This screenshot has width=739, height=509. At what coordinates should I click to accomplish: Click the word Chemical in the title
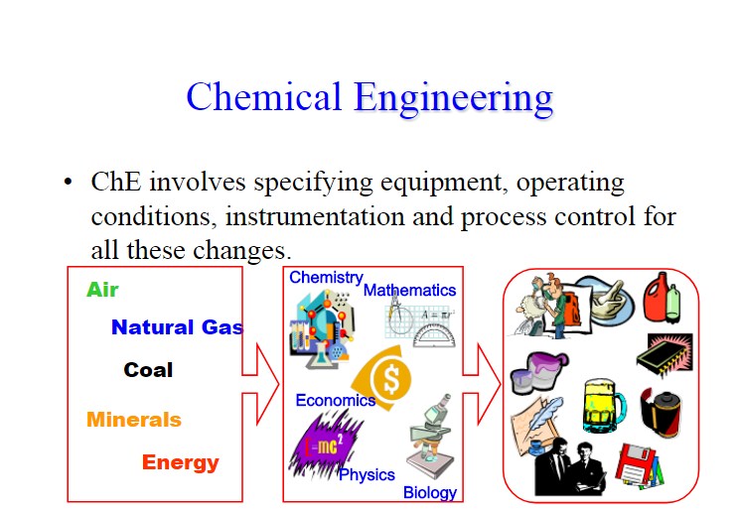pos(263,96)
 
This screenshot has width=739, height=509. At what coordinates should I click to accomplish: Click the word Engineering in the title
pos(453,99)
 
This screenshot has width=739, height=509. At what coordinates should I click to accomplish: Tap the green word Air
pos(102,290)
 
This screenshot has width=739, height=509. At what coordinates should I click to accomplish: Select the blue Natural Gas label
pos(177,327)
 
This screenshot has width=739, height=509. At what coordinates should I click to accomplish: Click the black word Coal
pos(148,370)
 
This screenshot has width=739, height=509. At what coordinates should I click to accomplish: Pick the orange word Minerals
pos(134,420)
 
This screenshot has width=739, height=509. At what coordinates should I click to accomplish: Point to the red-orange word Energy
pos(181,462)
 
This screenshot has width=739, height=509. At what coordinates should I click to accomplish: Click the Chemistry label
pos(326,278)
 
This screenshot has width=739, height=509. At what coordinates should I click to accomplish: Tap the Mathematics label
pos(409,290)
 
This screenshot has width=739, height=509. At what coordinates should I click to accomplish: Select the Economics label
pos(336,400)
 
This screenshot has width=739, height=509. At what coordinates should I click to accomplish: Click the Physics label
pos(367,474)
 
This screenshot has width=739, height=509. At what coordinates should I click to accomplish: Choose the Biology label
pos(430,492)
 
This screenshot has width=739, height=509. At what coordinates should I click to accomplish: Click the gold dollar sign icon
pos(383,377)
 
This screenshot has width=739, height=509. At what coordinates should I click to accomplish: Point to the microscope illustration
pos(431,436)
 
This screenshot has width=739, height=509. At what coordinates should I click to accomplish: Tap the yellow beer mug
pos(604,406)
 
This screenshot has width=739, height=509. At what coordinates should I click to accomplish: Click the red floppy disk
pos(637,465)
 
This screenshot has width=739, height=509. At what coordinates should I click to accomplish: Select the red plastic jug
pos(657,297)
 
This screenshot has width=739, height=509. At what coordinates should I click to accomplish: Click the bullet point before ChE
pos(68,182)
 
